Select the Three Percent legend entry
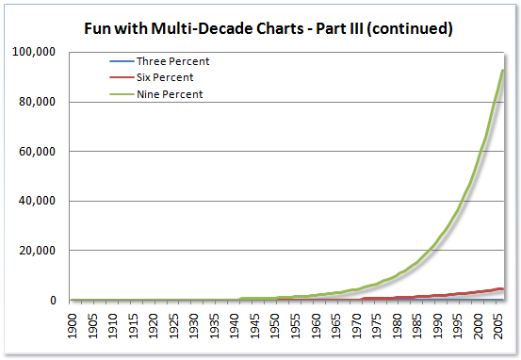[169, 61]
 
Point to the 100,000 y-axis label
[37, 52]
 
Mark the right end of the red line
[502, 289]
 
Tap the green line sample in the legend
[121, 93]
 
